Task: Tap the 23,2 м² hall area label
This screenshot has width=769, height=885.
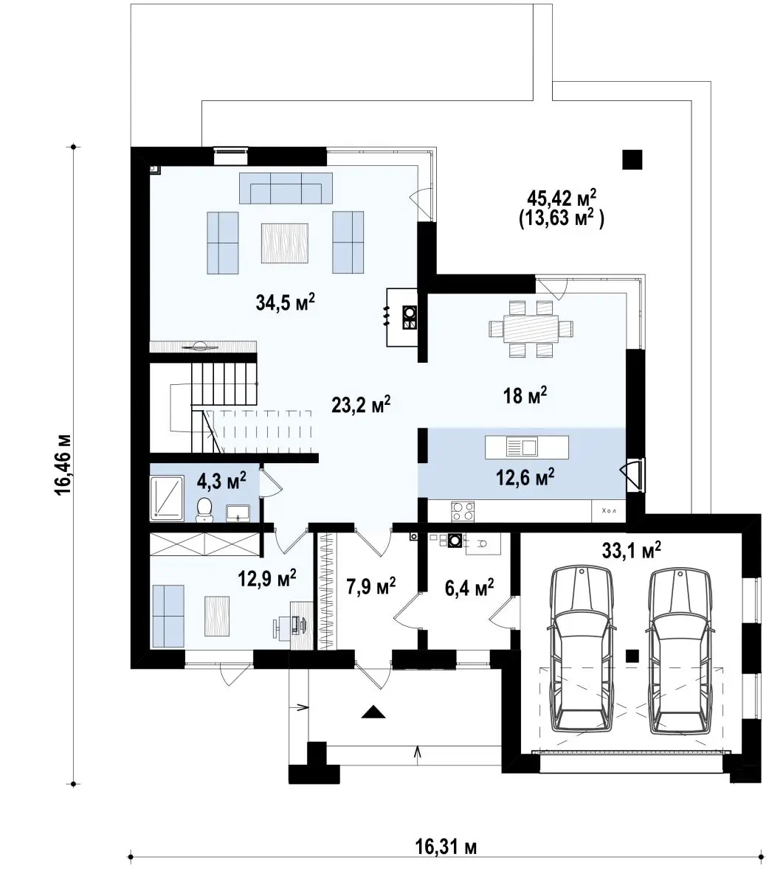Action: (x=361, y=404)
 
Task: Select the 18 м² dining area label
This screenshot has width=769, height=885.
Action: (x=525, y=395)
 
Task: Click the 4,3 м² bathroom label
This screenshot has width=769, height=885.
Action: (x=221, y=481)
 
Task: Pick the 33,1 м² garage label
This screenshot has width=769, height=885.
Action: (x=632, y=550)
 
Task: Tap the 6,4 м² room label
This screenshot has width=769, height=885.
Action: (x=469, y=588)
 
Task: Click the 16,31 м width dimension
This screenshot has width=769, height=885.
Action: (x=446, y=846)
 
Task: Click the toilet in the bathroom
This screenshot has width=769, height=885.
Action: (x=204, y=509)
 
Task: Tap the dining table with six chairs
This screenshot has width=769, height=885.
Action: (x=531, y=328)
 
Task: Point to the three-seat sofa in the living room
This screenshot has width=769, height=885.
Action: (x=286, y=188)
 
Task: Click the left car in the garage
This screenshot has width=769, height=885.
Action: (x=582, y=649)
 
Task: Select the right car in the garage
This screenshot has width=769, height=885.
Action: (x=680, y=650)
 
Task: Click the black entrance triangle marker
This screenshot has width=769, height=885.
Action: (x=373, y=712)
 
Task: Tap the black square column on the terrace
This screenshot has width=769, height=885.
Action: (x=632, y=159)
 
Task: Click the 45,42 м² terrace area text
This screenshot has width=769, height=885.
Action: (x=562, y=199)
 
